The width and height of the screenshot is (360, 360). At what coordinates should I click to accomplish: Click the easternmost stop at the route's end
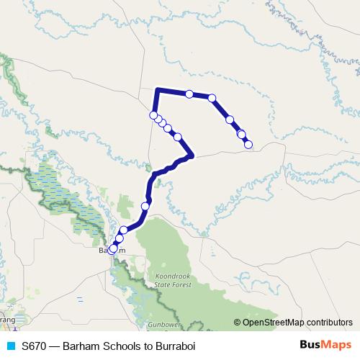[248, 145]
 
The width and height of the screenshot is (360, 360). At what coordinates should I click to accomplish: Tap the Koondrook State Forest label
[173, 280]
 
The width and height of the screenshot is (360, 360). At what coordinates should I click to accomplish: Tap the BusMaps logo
[324, 346]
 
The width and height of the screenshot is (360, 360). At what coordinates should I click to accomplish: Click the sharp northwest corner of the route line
[157, 89]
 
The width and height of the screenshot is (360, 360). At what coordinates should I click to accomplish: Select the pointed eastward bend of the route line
[192, 154]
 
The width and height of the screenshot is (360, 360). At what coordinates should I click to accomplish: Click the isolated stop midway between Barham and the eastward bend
[145, 207]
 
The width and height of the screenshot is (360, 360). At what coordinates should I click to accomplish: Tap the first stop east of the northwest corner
[189, 94]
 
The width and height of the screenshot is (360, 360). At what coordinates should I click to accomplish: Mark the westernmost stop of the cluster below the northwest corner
[153, 115]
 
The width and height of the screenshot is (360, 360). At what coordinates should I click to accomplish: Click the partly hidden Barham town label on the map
[108, 251]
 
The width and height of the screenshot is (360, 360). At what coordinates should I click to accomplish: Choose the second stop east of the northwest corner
[212, 97]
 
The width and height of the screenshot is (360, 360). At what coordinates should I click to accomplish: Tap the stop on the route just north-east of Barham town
[123, 230]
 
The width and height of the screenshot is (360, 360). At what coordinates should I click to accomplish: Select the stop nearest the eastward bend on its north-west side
[177, 136]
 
